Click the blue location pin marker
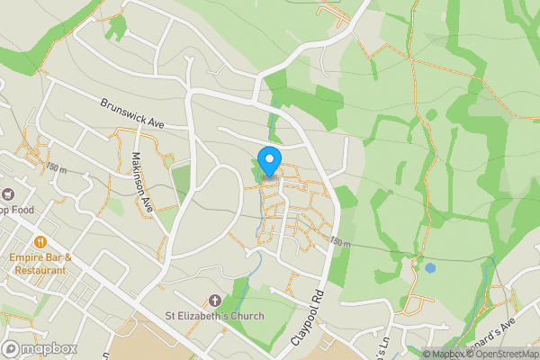coord(268,163)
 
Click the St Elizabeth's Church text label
coord(213,316)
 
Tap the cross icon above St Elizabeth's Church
coord(214,300)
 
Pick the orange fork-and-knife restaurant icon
coord(40,241)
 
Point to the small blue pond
coord(431,267)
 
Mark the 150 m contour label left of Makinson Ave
coord(56,167)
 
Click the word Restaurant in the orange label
coord(40,269)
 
